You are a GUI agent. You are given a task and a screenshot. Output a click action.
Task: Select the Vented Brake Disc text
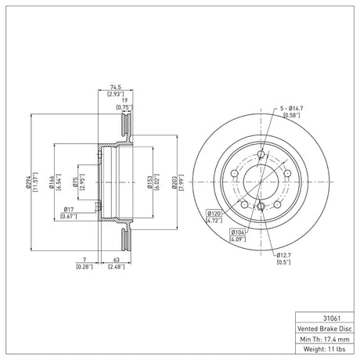point(325,329)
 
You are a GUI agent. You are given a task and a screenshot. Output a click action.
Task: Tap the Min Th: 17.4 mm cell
point(325,339)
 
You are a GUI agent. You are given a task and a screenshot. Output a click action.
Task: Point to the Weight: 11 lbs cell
point(325,349)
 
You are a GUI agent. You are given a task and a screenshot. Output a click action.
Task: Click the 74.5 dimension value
point(116,87)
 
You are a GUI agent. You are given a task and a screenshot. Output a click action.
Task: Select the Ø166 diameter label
point(51,182)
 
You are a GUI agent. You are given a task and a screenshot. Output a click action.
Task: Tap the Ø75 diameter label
point(75,182)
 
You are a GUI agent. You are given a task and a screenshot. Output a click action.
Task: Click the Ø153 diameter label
point(149,182)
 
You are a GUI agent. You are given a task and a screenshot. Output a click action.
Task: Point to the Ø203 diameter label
point(174,182)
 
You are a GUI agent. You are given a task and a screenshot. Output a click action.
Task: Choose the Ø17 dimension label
point(69,209)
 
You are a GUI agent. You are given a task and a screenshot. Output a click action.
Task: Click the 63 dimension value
point(117,260)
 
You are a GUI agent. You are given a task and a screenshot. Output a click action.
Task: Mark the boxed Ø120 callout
point(214,214)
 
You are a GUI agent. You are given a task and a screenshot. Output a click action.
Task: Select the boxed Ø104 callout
point(237,232)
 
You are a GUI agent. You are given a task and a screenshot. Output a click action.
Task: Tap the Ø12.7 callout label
point(284,255)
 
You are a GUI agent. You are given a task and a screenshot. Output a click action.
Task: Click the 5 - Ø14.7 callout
point(292,108)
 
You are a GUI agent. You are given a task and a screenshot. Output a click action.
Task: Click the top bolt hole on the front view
point(261,154)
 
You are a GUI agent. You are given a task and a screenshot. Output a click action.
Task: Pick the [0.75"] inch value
point(124,107)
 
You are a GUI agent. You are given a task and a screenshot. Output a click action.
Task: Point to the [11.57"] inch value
point(36,182)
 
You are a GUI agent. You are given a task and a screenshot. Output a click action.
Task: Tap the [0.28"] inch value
point(85,267)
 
